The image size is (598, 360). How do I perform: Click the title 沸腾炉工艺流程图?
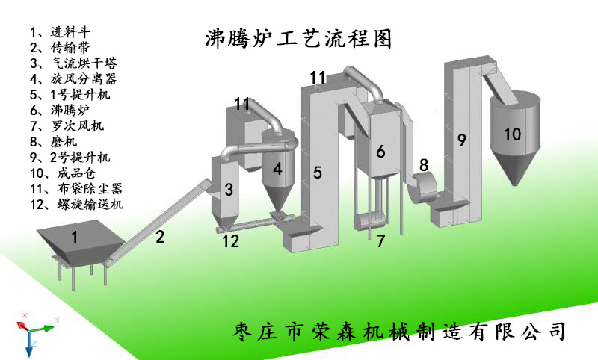click(298, 39)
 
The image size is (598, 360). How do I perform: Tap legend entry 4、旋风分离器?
click(73, 78)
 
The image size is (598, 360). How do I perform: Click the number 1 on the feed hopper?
click(74, 238)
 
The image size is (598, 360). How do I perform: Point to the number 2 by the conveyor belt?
click(159, 238)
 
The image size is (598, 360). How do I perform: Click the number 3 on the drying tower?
click(229, 190)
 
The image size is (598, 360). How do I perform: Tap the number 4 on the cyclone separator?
click(277, 170)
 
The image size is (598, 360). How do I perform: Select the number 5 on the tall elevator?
click(318, 173)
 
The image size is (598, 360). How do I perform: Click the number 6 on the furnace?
click(380, 152)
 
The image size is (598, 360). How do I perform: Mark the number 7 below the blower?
click(380, 241)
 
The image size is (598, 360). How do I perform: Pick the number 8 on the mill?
click(424, 165)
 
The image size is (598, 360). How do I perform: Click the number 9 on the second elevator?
click(461, 140)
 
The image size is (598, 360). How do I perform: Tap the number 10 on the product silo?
click(512, 134)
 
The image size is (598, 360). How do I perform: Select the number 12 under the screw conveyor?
click(232, 240)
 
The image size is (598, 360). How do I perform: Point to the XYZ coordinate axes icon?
click(34, 329)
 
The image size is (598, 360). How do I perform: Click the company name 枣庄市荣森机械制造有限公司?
click(400, 330)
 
